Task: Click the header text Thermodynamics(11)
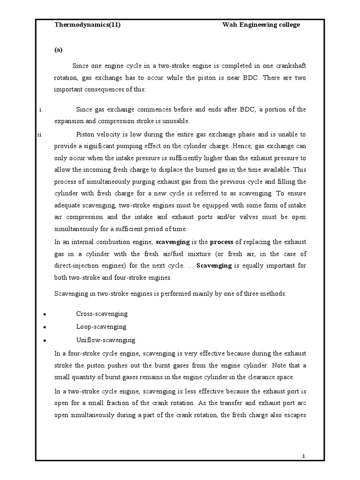point(88,25)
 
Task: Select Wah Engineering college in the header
point(261,25)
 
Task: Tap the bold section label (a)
point(59,49)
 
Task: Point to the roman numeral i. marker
point(41,109)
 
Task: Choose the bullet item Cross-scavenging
point(102,314)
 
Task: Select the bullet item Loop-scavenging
point(101,327)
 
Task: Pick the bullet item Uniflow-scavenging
point(105,340)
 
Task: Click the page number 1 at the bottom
point(304,456)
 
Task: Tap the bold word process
point(221,242)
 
